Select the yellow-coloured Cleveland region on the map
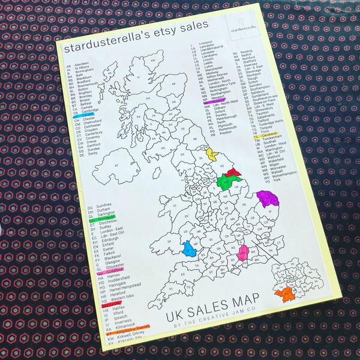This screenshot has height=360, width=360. click(x=211, y=154)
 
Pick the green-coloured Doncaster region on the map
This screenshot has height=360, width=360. click(x=224, y=183)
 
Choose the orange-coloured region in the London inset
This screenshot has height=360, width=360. click(x=285, y=293)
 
